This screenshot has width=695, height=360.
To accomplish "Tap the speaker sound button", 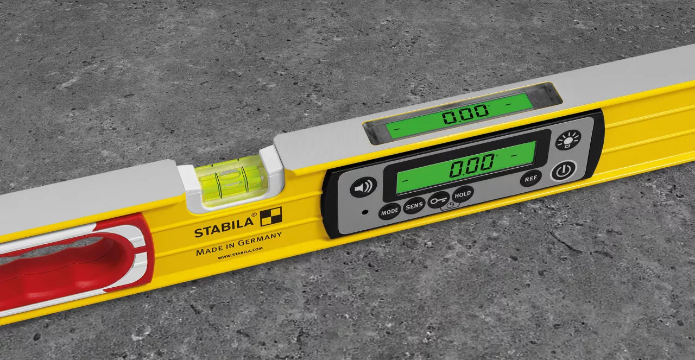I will pos(363,188).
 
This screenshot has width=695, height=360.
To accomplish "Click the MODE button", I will pos(389,212).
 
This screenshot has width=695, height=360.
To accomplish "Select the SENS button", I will pos(414,205).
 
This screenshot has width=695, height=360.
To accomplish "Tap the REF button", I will pos(530,178).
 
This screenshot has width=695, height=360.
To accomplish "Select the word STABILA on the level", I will pos(224,228).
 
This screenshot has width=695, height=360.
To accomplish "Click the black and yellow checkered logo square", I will pos(271,217).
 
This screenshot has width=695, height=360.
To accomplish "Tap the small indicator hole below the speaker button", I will pos(365,211).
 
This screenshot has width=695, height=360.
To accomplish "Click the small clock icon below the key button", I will pos(449,207).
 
